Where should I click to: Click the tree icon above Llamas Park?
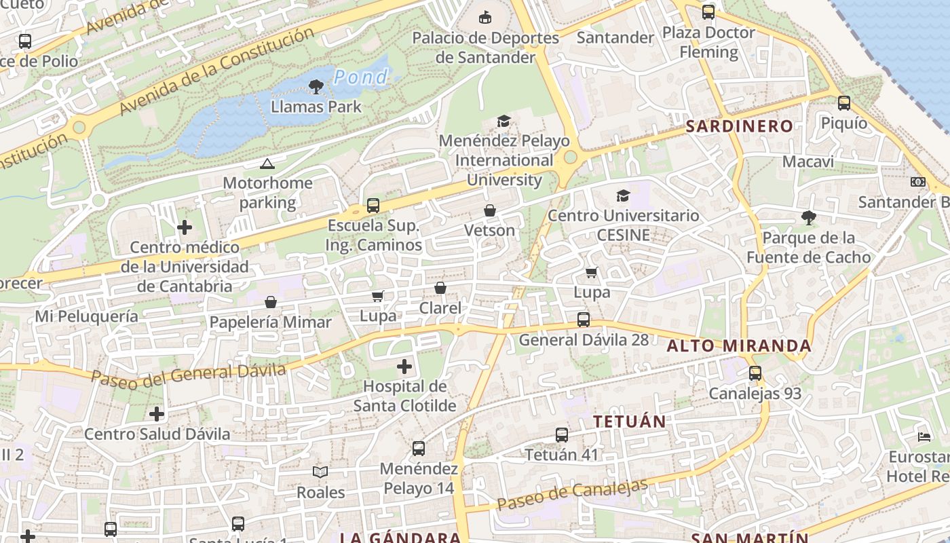316,86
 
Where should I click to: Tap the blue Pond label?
360,77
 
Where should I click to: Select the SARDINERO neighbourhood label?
739,126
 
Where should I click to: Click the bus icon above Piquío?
843,103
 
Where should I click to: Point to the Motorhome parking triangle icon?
267,164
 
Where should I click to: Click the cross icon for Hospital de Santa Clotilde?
404,367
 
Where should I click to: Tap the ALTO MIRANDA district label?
738,346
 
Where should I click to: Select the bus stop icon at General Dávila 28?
584,320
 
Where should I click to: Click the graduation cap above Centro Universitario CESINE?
623,196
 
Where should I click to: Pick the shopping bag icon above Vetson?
490,211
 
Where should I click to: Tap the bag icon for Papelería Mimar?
271,302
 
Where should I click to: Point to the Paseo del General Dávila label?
188,374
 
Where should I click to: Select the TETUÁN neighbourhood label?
629,422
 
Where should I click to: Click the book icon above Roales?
320,472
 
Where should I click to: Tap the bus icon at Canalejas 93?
755,373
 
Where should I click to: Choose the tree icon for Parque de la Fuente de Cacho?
808,218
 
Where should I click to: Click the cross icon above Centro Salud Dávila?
157,414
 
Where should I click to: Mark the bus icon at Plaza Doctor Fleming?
708,12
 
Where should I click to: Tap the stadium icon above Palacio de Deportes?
485,17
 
